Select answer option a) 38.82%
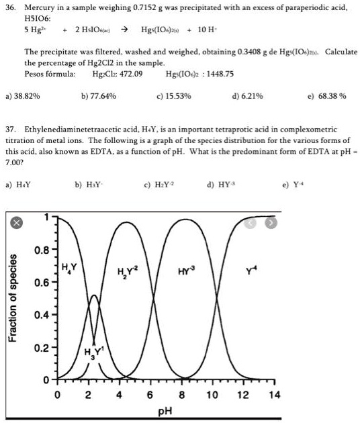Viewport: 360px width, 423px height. [22, 96]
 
